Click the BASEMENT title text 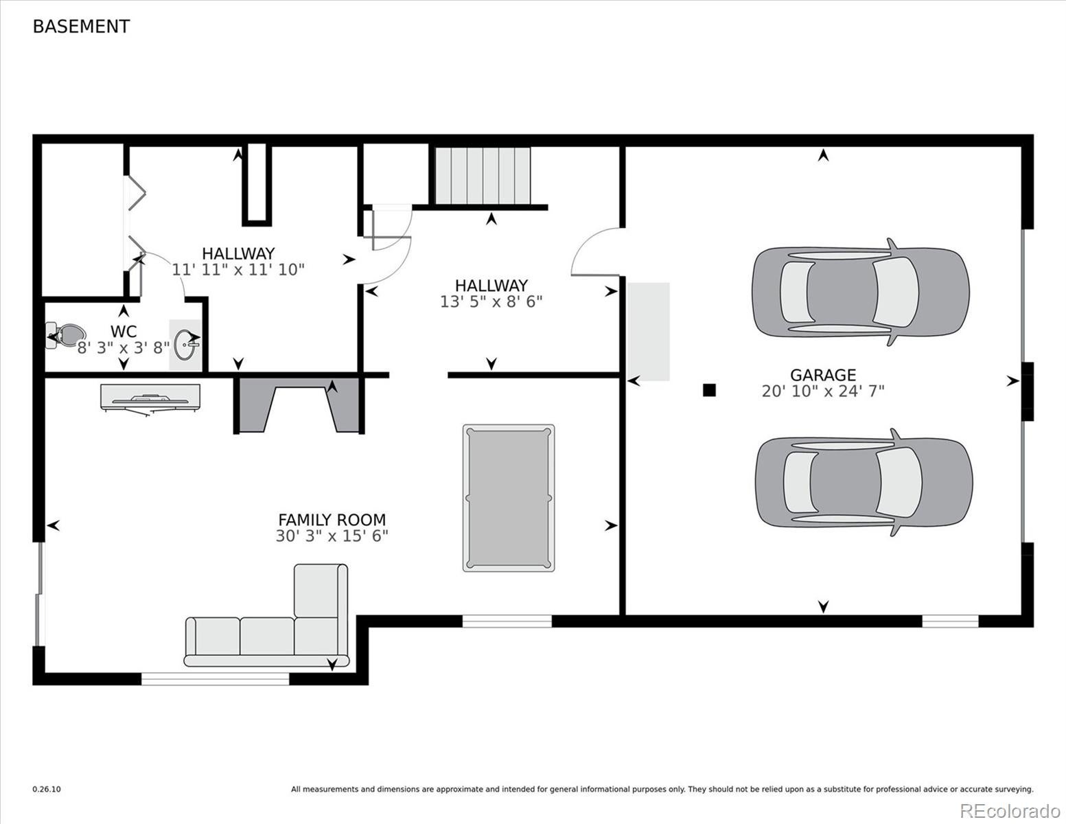(81, 27)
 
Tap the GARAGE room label (822, 375)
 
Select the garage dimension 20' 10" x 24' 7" (822, 391)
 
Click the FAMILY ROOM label (332, 520)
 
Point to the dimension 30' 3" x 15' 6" (332, 536)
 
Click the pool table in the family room (508, 498)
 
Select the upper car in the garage (860, 292)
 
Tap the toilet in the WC (62, 336)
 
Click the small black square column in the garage (709, 390)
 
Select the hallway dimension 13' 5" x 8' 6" (491, 301)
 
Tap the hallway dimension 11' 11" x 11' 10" (237, 269)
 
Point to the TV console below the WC (150, 398)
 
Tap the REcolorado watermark (1009, 811)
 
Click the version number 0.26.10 (47, 790)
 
